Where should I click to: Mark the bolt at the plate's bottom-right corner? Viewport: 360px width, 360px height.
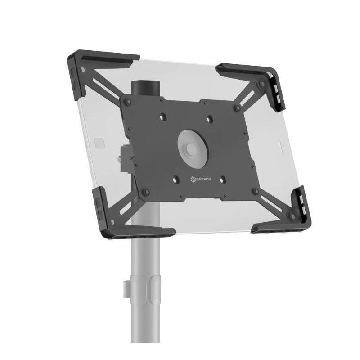coord(256,191)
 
